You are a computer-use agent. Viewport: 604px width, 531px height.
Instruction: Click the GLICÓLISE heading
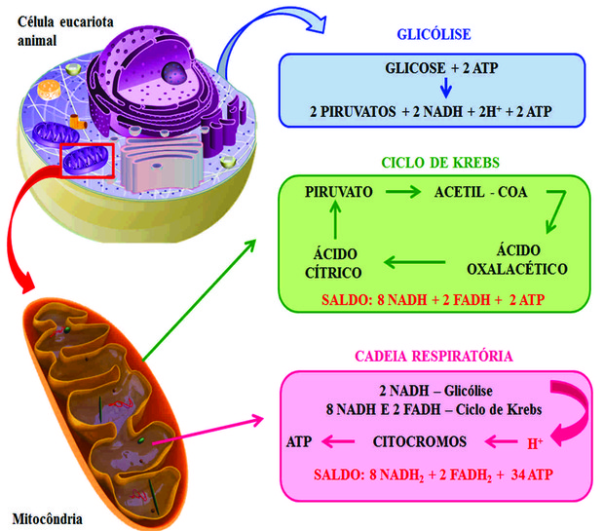coord(434,35)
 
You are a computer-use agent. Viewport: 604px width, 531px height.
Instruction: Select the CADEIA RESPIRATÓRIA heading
coord(434,357)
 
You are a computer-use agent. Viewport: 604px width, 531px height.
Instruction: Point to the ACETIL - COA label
coord(480,192)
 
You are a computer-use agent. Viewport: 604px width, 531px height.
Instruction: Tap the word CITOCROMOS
coord(420,441)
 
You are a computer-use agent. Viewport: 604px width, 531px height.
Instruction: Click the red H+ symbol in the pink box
coord(535,443)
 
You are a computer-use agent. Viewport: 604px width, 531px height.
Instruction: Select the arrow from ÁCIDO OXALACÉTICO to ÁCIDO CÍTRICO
coord(414,261)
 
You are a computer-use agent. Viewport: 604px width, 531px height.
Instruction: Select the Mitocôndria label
coord(45,517)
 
